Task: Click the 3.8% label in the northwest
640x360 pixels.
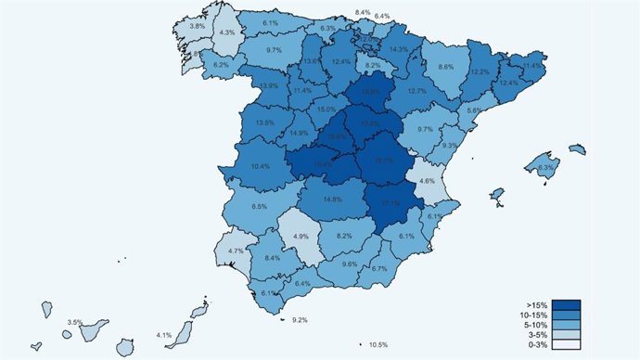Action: (x=198, y=27)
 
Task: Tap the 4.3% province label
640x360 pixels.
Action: (x=226, y=32)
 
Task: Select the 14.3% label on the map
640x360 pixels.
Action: (x=399, y=49)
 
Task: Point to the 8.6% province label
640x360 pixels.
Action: (x=446, y=67)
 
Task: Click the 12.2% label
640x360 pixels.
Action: (x=480, y=71)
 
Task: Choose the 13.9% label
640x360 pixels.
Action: (x=269, y=86)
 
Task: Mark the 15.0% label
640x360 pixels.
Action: (x=327, y=109)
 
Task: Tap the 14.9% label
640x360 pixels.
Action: (x=299, y=133)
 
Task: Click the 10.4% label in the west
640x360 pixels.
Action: (x=261, y=167)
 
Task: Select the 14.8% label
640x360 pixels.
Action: (x=333, y=199)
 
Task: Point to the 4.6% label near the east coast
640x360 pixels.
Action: (x=427, y=181)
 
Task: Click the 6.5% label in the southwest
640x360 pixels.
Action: (x=260, y=207)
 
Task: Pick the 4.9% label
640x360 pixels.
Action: (x=301, y=237)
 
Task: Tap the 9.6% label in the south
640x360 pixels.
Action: (x=350, y=264)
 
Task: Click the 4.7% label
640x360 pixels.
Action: (x=236, y=251)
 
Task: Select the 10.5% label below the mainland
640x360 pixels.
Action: (x=378, y=345)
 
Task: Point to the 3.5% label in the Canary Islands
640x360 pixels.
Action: (x=75, y=323)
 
